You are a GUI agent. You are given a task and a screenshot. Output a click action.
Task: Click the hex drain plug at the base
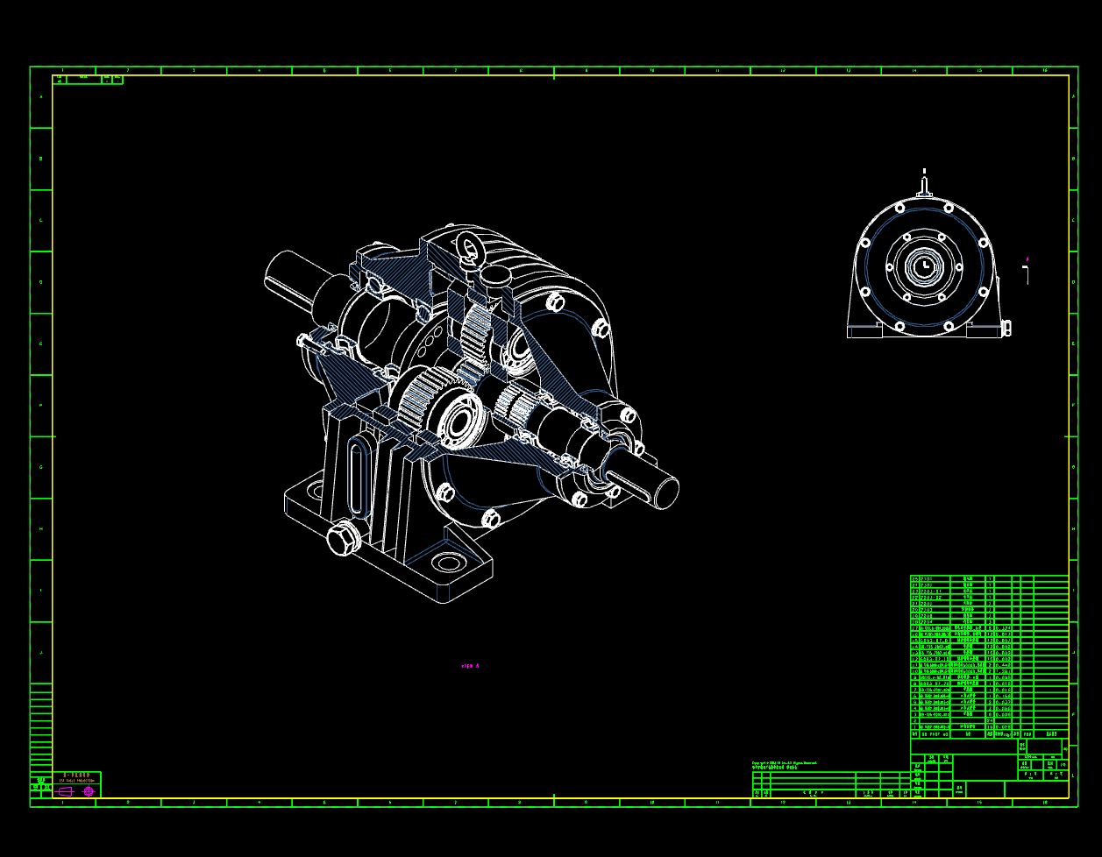coord(343,538)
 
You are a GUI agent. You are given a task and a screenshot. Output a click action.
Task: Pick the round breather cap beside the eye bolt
coord(496,279)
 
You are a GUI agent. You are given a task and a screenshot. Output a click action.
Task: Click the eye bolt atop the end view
coord(923,184)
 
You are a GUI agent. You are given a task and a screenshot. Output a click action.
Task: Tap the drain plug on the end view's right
coord(1006,328)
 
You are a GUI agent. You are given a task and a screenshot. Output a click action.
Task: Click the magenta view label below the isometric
coord(470,666)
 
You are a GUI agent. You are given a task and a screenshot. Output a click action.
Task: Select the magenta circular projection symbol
coord(89,791)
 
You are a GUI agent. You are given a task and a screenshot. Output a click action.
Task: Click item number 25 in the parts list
coord(914,579)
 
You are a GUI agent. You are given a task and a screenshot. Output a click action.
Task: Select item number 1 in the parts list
coord(914,726)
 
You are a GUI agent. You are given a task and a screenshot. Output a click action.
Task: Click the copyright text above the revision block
coord(784,763)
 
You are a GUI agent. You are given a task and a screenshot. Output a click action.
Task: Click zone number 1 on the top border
coord(62,70)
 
